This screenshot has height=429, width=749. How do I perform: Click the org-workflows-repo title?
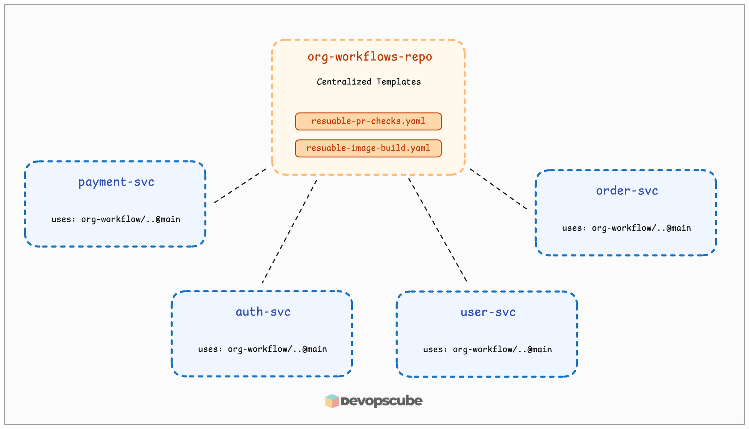(370, 57)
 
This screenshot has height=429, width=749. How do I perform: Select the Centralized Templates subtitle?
(369, 82)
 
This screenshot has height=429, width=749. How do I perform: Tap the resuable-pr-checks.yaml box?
(368, 121)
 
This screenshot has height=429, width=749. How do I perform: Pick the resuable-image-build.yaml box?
(368, 148)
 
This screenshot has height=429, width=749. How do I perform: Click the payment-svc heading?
(116, 182)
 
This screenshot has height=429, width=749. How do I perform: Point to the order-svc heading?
(627, 191)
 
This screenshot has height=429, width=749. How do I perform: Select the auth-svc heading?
(263, 312)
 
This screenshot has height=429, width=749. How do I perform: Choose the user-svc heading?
(488, 312)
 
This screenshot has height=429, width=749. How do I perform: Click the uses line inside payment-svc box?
(116, 219)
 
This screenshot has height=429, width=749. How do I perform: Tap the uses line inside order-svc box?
(626, 228)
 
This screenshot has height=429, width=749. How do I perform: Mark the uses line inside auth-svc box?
(262, 349)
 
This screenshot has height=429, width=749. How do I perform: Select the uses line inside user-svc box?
(487, 349)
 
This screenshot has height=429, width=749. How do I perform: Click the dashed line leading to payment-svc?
(240, 186)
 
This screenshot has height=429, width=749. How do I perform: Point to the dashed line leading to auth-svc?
(289, 232)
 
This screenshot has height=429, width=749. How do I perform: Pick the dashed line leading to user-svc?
(437, 230)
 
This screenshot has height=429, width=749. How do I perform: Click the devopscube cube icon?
(332, 401)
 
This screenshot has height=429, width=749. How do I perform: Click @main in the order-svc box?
(679, 228)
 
